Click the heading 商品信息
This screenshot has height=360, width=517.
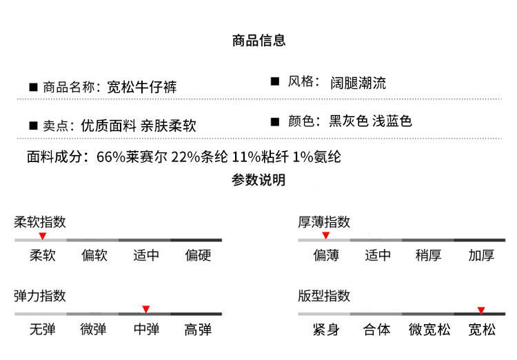pos(258,41)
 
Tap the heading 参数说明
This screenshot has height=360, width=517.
pos(258,181)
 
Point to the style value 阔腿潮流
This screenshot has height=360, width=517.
pos(358,83)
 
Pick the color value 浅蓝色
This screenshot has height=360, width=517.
pos(392,121)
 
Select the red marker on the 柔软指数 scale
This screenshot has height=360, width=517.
pos(42,237)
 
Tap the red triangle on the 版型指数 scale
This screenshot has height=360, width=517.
pos(481,310)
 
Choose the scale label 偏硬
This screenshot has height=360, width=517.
pos(198,256)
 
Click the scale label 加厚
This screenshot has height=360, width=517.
pos(481,256)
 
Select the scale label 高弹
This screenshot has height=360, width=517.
pos(198,330)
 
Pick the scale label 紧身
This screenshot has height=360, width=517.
pos(325,330)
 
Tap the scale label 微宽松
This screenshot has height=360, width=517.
pos(429,330)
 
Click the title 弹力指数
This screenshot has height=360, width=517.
pos(40,296)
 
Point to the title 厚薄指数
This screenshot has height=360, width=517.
pos(324,222)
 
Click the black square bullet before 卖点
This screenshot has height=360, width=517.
pos(32,126)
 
